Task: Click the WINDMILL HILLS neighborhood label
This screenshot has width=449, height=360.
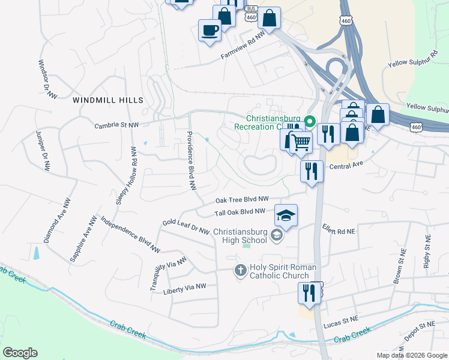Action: coord(108,100)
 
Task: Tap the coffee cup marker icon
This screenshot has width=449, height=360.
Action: coord(209,31)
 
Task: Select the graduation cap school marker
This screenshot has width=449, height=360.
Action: coord(286,216)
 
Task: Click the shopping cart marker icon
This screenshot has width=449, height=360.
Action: coord(301,143)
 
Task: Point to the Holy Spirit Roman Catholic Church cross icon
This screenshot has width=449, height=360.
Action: coord(240,271)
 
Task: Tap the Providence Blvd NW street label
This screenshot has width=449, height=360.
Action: coord(191,161)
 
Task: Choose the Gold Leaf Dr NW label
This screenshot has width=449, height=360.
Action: coord(185,227)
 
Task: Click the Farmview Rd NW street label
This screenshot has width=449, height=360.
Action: coord(243,47)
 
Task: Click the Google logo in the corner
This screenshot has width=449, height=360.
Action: coord(20,353)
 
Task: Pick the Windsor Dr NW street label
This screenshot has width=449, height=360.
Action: coord(47,79)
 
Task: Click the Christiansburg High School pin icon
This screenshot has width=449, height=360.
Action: coord(276,235)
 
